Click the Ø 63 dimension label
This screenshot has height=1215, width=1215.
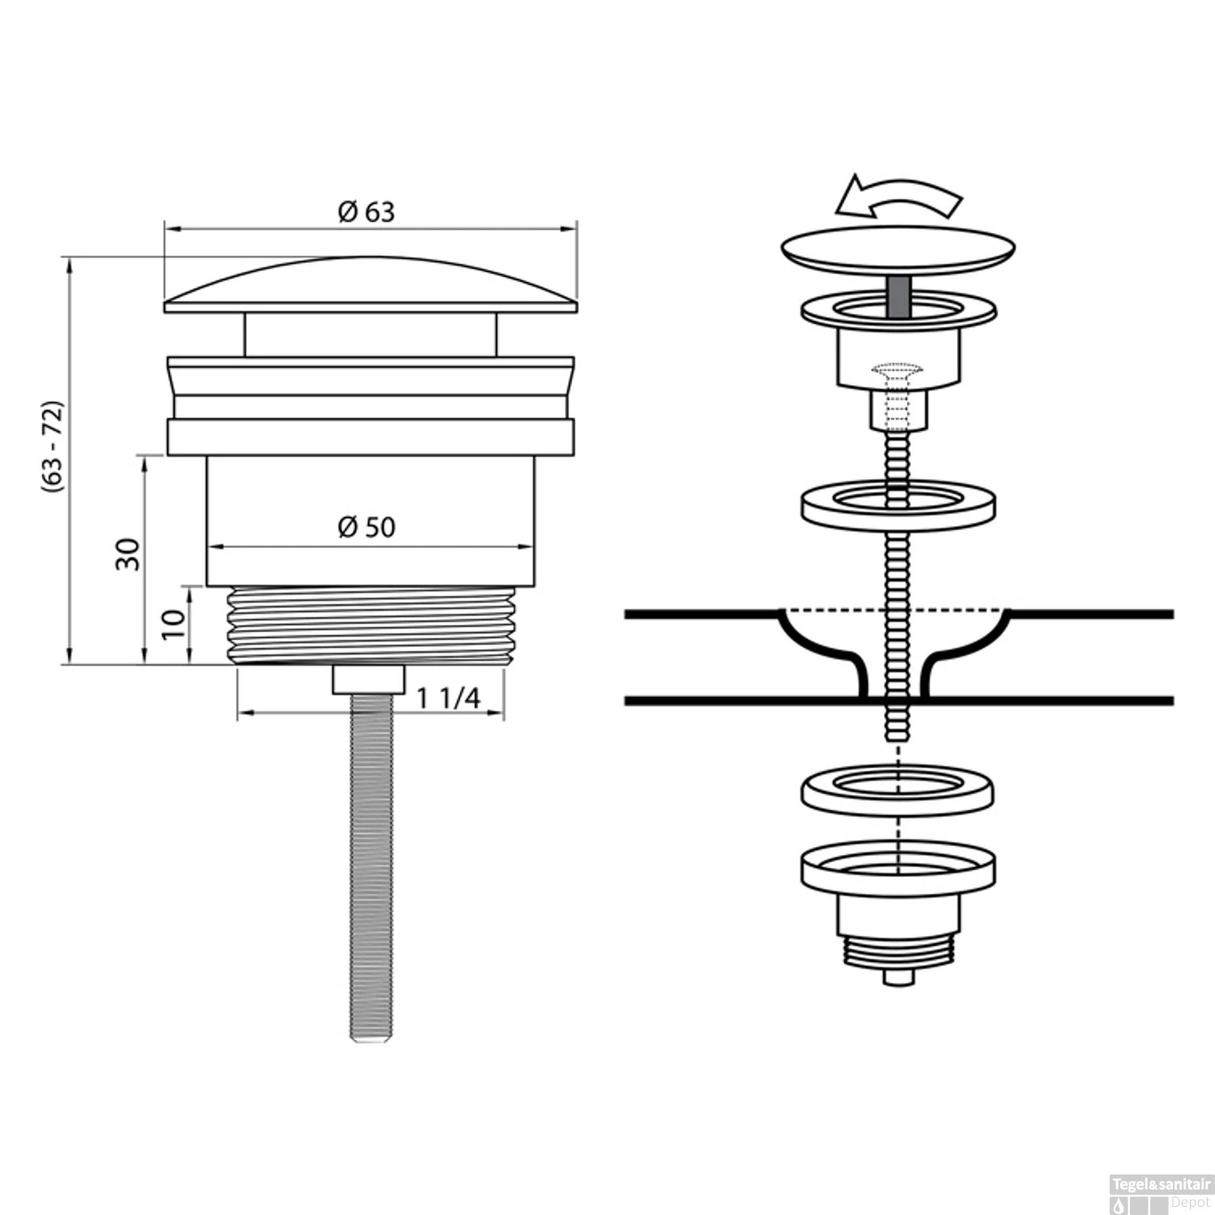366,211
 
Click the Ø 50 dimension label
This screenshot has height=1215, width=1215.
366,527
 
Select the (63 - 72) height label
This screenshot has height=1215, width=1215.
53,446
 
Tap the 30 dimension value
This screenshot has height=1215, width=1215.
128,554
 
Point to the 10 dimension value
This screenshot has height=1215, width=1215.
173,624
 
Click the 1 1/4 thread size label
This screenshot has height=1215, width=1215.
449,698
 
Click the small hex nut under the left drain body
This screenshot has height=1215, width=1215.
369,680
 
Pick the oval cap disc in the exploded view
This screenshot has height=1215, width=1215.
897,247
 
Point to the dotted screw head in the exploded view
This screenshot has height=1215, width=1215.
897,373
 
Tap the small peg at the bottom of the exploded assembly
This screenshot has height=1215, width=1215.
897,977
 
